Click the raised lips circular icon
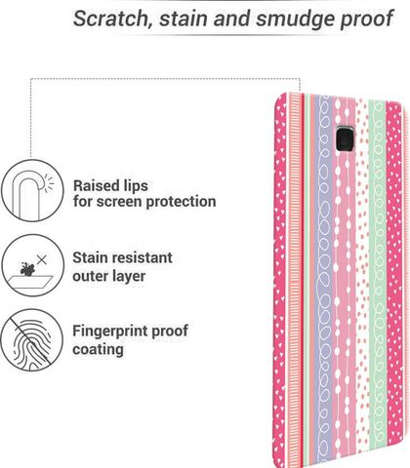tap(32, 191)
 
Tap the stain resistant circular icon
tap(32, 265)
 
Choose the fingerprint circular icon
tap(31, 339)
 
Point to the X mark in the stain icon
tap(42, 259)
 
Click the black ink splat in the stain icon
tap(27, 269)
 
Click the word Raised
tap(95, 186)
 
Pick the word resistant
tap(141, 258)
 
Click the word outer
tap(89, 276)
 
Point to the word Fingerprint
tap(109, 331)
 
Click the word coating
tap(98, 350)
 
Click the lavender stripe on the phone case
tap(324, 280)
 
